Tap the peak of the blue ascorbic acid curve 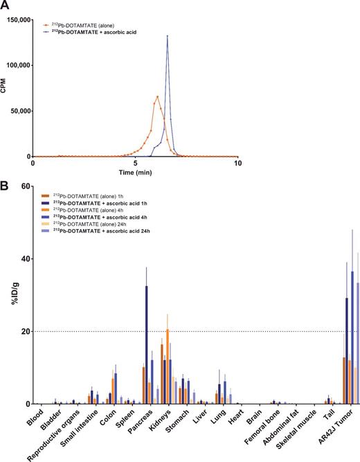pos(167,37)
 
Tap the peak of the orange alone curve pos(158,96)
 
